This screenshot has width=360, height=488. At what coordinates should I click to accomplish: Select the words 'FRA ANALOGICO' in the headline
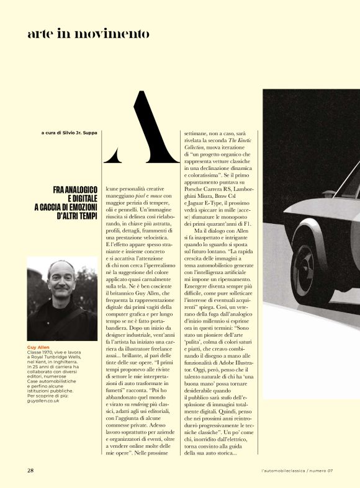(75, 190)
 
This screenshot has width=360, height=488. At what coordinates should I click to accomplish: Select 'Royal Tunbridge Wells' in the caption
(59, 358)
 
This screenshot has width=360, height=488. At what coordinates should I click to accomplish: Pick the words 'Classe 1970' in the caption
(41, 353)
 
